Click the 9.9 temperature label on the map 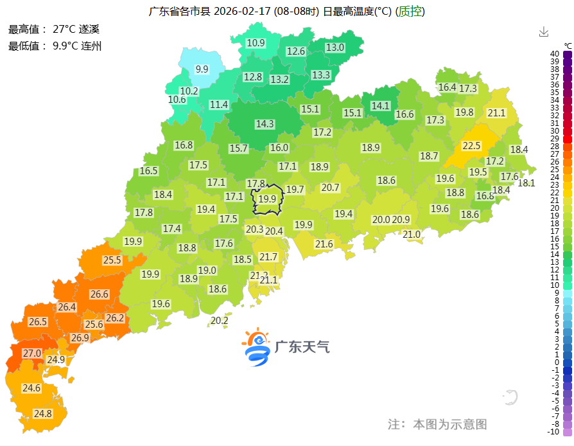[x=202, y=69]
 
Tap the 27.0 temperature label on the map [x=32, y=353]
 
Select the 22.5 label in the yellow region [x=472, y=146]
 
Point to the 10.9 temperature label [x=256, y=43]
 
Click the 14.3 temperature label [x=265, y=124]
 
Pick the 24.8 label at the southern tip [x=42, y=413]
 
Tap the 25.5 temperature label [x=112, y=260]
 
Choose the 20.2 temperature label [x=220, y=321]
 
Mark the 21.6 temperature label [x=324, y=244]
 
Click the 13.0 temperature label [x=335, y=48]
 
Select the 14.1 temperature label [x=381, y=105]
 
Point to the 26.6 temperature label [x=100, y=294]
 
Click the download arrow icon [x=544, y=31]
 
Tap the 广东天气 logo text [x=302, y=347]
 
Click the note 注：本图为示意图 [x=437, y=424]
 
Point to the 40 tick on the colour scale [x=554, y=54]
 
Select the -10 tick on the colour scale [x=554, y=431]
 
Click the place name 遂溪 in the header [x=89, y=30]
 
